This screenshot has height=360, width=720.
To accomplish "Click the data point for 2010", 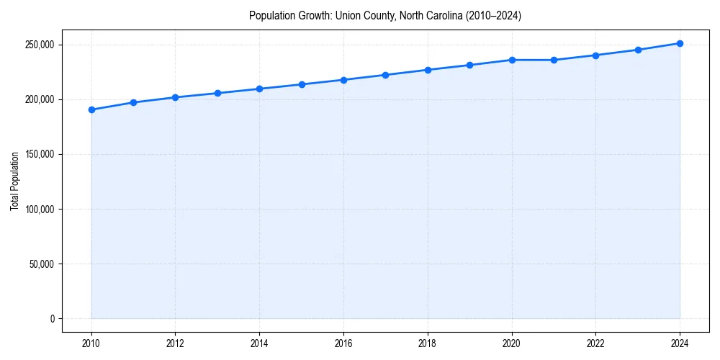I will pos(91,109).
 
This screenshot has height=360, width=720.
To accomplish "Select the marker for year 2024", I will pos(680,43).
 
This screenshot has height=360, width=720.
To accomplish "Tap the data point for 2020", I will pos(512,60).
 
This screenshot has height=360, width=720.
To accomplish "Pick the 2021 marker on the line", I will pos(554,60).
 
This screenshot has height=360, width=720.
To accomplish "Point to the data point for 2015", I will pos(302,84).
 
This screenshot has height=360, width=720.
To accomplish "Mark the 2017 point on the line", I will pos(386,75).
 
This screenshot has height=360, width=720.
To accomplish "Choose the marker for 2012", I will pos(176,97).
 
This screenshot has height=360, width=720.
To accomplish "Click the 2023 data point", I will pos(638,50).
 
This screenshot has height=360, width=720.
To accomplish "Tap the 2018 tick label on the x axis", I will pos(428,343).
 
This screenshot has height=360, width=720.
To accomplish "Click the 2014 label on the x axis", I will pos(259,343).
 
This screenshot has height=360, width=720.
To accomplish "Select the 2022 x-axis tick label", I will pos(595,343).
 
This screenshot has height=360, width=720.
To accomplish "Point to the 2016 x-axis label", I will pos(343,343).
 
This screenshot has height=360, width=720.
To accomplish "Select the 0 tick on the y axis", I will pos(52,318).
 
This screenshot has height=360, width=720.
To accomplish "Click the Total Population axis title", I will pos(14,181).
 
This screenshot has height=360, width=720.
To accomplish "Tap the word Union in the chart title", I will pos(348,15).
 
